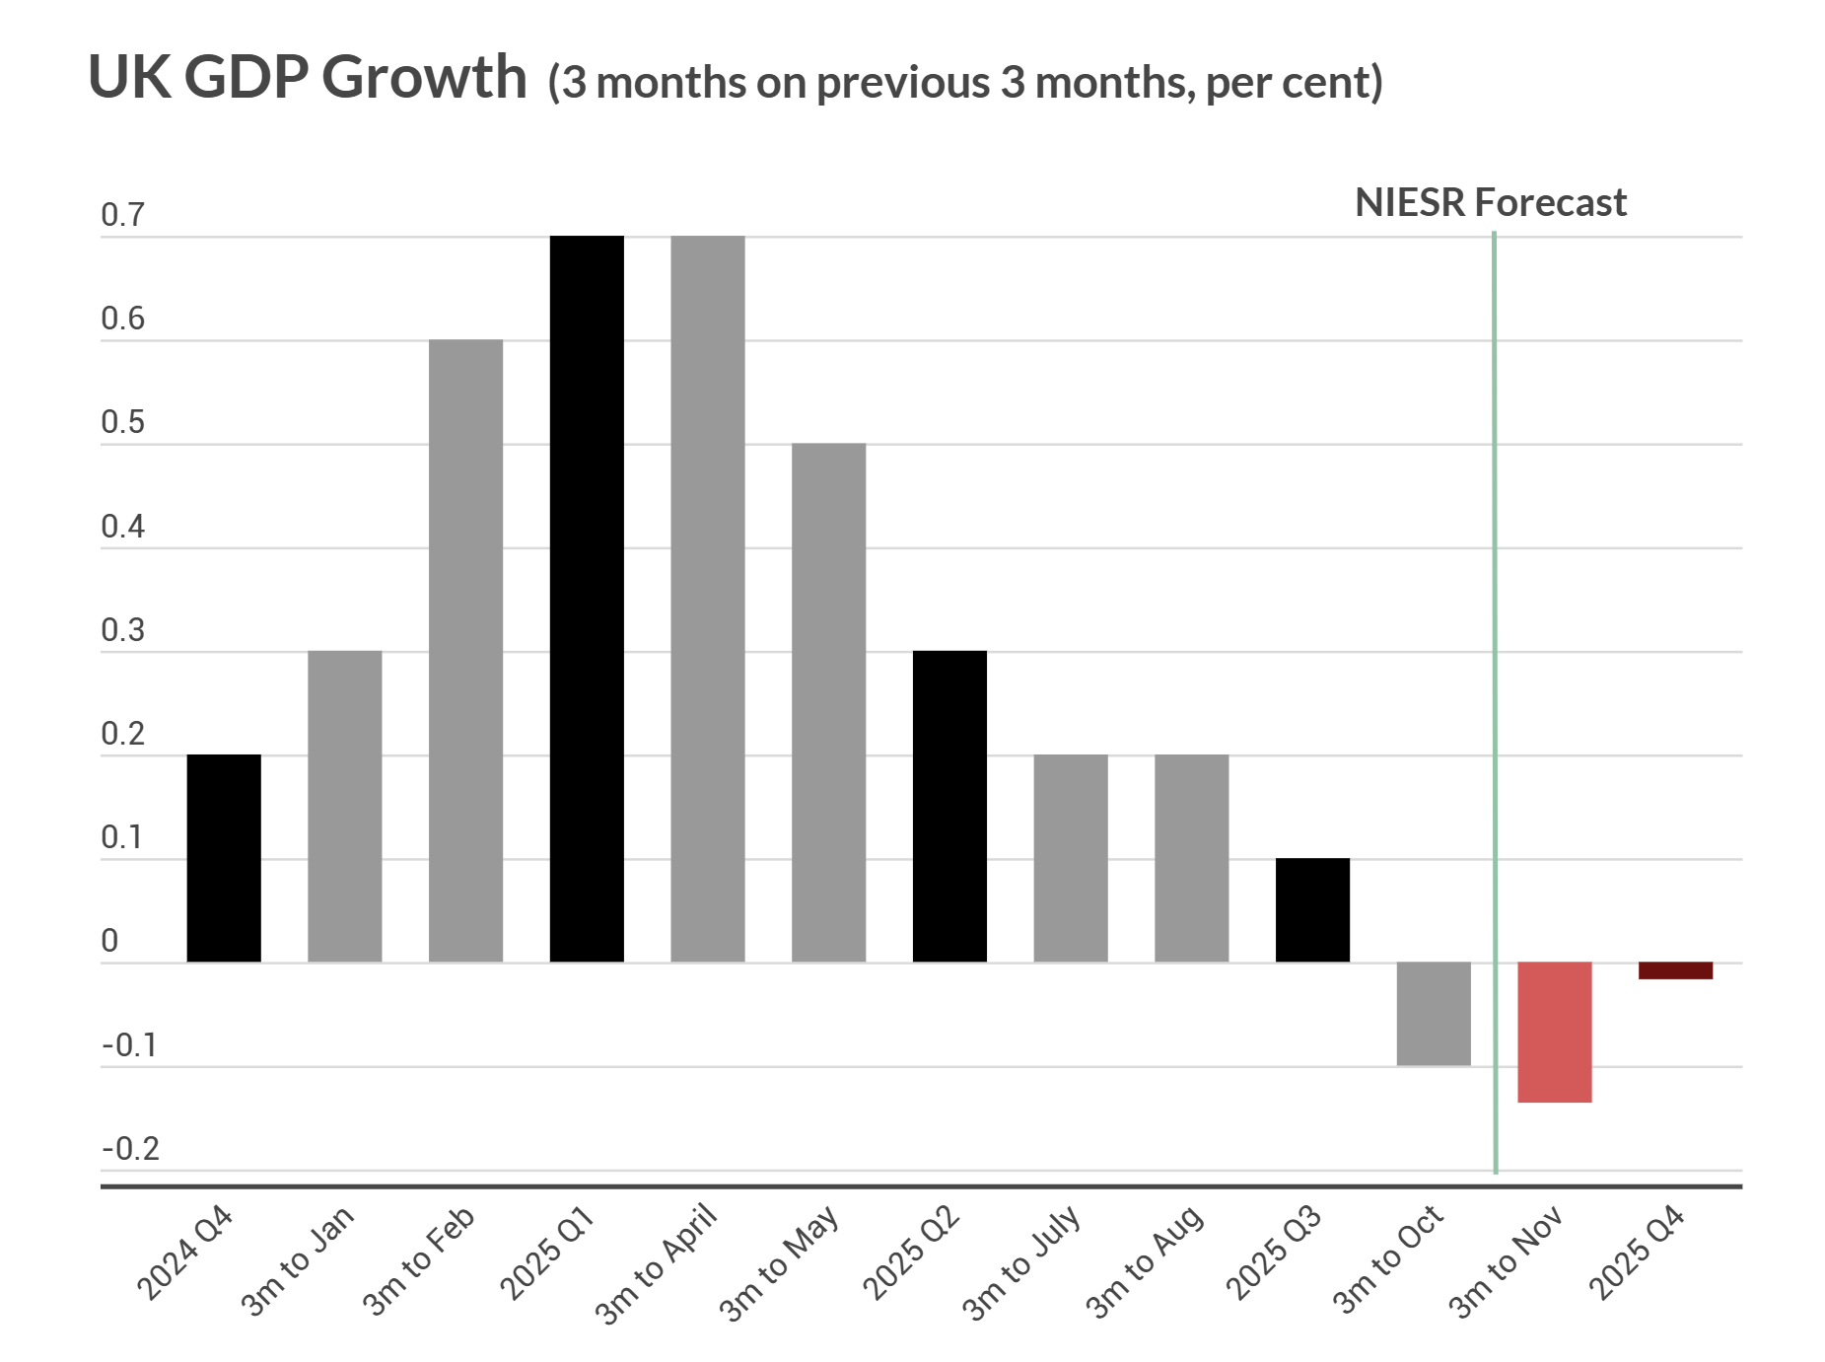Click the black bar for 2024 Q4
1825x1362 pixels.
click(x=224, y=858)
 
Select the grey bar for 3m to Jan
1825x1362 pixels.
click(x=344, y=806)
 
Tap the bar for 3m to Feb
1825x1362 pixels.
click(x=465, y=651)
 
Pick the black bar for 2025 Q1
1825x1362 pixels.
click(x=587, y=599)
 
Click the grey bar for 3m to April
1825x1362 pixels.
click(x=708, y=599)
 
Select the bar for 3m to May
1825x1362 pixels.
click(x=828, y=702)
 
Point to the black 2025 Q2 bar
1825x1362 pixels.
click(x=949, y=806)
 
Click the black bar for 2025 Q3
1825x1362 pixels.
click(x=1312, y=910)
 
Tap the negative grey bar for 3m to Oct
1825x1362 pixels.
click(x=1434, y=1014)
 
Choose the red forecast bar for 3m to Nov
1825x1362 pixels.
click(x=1555, y=1032)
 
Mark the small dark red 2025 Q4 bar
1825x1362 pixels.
click(x=1675, y=970)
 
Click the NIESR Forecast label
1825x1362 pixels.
click(x=1490, y=203)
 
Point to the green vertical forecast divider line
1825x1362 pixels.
click(x=1495, y=690)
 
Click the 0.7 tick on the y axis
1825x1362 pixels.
click(x=122, y=215)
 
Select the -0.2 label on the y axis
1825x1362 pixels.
click(x=130, y=1149)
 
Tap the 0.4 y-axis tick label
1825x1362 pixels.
click(x=122, y=527)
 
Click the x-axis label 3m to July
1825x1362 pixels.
click(x=1022, y=1262)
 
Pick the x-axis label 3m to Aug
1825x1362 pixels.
click(x=1145, y=1262)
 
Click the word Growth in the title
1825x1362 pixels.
click(x=424, y=77)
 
